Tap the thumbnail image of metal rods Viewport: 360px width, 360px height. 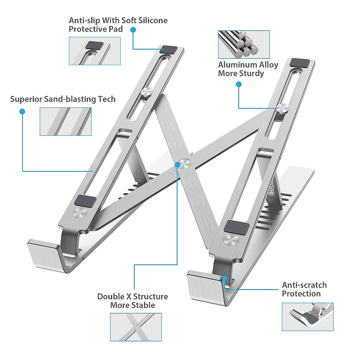click(244, 44)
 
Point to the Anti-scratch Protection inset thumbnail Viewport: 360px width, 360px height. click(307, 317)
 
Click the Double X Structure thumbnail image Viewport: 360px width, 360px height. click(136, 327)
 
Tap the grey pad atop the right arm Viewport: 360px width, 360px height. click(300, 63)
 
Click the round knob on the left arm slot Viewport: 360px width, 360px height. click(146, 92)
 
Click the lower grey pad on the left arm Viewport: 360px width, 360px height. click(85, 201)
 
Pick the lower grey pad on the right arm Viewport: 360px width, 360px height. click(237, 227)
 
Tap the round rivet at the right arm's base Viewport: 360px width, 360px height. click(231, 240)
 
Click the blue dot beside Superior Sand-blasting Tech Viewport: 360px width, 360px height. click(22, 112)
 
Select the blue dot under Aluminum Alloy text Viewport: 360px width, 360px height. click(239, 85)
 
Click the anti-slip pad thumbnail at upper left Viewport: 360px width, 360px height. click(95, 51)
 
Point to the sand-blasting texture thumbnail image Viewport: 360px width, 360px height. click(65, 121)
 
